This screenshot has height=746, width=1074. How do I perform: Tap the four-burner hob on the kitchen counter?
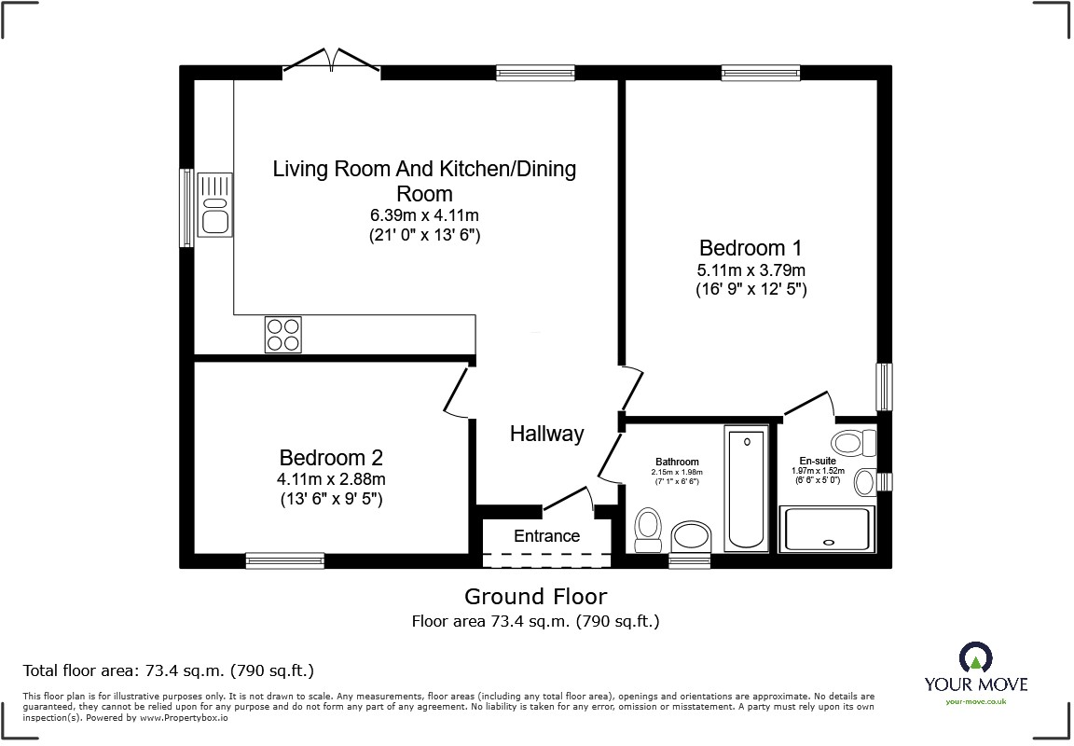(283, 335)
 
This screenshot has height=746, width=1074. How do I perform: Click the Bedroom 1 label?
(750, 248)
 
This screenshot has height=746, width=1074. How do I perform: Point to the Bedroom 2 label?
(331, 458)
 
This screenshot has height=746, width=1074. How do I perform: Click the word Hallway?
(546, 434)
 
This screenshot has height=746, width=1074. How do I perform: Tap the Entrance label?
(546, 536)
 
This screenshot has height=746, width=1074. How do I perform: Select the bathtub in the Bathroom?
(746, 489)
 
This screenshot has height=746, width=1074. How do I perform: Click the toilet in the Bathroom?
(648, 530)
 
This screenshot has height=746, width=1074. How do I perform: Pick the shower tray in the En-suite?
(829, 529)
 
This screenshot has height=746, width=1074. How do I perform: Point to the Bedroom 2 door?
(457, 392)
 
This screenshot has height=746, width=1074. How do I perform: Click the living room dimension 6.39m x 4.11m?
(424, 215)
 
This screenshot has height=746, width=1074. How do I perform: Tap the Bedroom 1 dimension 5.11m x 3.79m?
(750, 270)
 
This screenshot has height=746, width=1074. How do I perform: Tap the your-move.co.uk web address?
(975, 701)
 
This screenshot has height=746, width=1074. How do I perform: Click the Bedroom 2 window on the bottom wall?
(285, 559)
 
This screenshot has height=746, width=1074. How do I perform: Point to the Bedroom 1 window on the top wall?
(751, 72)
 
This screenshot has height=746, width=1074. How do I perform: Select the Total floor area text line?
(168, 670)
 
